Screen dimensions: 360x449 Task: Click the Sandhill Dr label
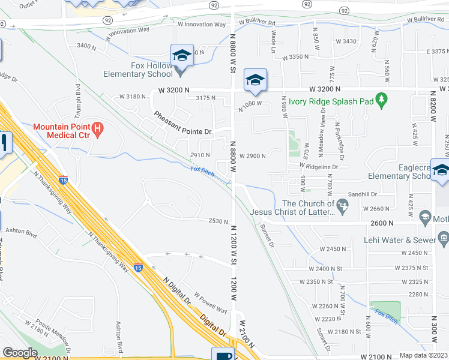pyautogui.click(x=378, y=194)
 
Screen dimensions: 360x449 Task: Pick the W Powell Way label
pyautogui.click(x=210, y=307)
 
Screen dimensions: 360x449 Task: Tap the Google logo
pyautogui.click(x=20, y=353)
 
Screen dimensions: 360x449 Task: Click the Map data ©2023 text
pyautogui.click(x=423, y=355)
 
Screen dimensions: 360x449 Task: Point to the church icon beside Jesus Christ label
pyautogui.click(x=342, y=206)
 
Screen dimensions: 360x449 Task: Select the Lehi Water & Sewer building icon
pyautogui.click(x=444, y=240)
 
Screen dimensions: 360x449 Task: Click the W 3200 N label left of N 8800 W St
pyautogui.click(x=173, y=89)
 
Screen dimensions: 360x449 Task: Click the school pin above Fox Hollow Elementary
pyautogui.click(x=181, y=55)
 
